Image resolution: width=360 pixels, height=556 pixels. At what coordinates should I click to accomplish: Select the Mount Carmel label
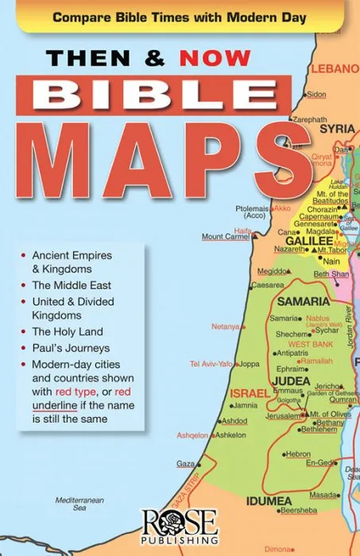coord(225,237)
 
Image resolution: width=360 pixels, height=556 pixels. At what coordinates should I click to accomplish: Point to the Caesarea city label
coord(267,284)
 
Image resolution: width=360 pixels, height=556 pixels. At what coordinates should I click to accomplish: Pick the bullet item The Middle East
coord(72,284)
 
